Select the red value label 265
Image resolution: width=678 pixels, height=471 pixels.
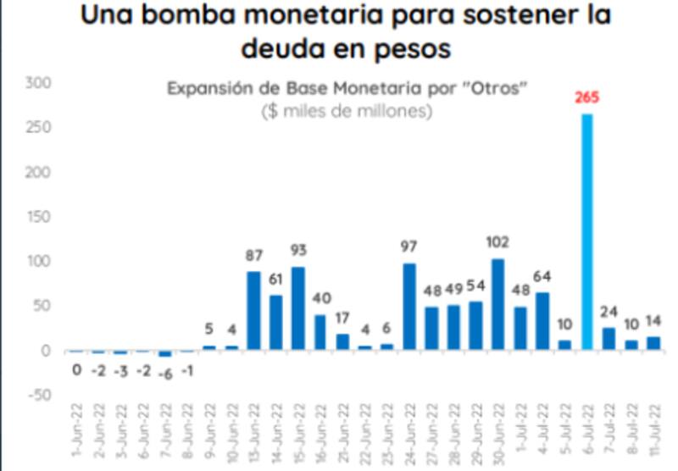coord(586,97)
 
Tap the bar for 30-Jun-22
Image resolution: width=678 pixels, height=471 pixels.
coord(498,304)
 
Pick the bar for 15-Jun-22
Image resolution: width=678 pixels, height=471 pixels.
coord(297,308)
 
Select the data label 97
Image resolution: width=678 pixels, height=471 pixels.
coord(409,247)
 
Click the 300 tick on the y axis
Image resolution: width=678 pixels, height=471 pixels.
coord(40,83)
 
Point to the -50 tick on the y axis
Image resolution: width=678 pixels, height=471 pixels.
coord(40,395)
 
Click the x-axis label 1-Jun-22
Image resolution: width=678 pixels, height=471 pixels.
coord(77,429)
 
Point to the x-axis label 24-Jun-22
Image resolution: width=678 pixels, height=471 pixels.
coord(409,429)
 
